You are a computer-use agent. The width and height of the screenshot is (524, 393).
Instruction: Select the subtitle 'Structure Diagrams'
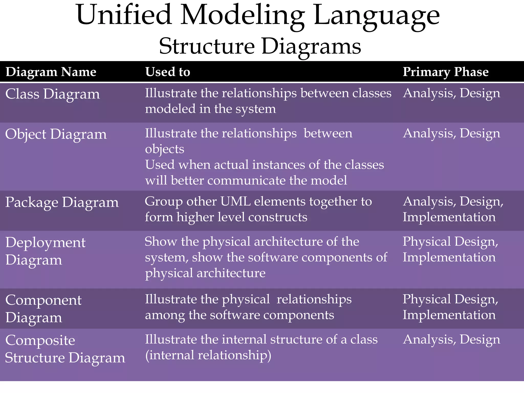pos(260,46)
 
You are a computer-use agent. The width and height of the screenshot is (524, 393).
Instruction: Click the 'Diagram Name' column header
pos(51,72)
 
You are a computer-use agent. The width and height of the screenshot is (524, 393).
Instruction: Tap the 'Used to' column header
pos(168,72)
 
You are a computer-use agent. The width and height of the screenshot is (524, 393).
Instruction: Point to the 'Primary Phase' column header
pos(445,72)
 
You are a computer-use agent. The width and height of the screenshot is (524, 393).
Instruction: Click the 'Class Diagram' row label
pos(52,94)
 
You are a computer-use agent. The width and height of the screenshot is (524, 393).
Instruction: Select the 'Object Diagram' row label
pos(56,134)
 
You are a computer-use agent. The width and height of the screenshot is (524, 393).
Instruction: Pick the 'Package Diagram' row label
pos(62,202)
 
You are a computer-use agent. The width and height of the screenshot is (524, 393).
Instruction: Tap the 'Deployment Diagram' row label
pos(45,251)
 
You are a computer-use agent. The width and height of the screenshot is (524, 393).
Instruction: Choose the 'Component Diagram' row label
pos(43,309)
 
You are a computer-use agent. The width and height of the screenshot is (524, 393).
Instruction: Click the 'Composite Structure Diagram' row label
pos(65,349)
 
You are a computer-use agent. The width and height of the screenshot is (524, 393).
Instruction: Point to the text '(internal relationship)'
pos(208,355)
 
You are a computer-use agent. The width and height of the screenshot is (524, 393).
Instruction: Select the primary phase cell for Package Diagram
pos(453,209)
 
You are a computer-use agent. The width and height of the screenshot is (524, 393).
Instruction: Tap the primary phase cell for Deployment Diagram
pos(450,249)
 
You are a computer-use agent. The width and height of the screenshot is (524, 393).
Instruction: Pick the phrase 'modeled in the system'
pos(210,109)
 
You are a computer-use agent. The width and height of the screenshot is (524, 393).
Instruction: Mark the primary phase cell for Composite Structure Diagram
pos(451,340)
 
